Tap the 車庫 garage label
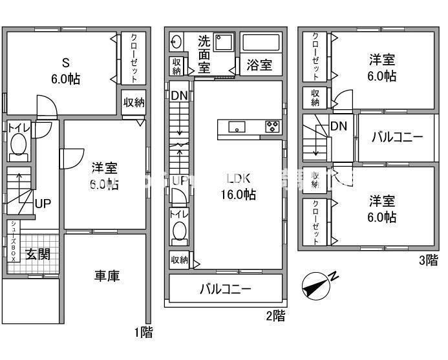coord(107,276)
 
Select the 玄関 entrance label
coord(38,254)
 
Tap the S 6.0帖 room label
coord(65,71)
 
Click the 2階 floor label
coord(275,316)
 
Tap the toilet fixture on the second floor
coord(178,231)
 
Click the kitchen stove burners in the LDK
coord(273,126)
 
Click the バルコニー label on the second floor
coord(225,289)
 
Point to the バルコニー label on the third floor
coord(397,137)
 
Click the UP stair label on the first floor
coord(43,204)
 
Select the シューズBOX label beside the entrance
coord(14,241)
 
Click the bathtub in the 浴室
coord(261,43)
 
